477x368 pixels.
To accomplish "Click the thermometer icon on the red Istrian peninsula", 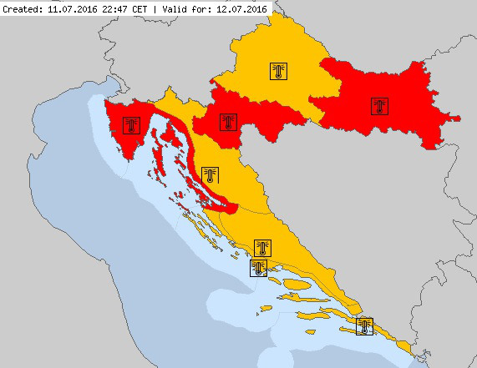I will tap(130, 125).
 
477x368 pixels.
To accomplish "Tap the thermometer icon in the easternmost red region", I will tap(380, 106).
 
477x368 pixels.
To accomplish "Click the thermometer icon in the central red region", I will tap(228, 122).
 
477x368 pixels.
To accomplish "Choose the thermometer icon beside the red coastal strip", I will tap(210, 174).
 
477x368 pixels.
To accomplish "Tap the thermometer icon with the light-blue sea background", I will tap(259, 268).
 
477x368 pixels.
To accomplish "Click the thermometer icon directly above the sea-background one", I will tap(263, 249).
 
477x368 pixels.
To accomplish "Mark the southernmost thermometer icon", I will tap(363, 326).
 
